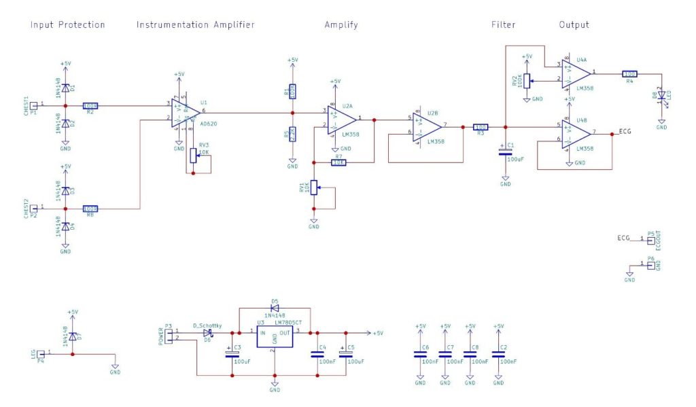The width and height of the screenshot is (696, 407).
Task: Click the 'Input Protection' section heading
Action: coord(67,25)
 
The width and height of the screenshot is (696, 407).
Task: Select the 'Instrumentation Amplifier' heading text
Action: coord(195,25)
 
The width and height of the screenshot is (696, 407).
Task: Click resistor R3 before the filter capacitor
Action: coord(481,127)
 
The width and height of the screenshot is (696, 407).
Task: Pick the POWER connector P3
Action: coord(168,335)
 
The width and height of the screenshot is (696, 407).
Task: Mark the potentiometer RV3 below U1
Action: coord(194,154)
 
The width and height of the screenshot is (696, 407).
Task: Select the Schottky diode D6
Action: coord(208,333)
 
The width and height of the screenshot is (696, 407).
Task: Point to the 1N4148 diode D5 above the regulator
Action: coord(275,307)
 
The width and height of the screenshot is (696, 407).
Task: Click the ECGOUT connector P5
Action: coord(650,240)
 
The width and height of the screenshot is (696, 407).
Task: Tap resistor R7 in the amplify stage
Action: coord(339,162)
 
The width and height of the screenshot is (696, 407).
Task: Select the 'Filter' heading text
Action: coord(503,25)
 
